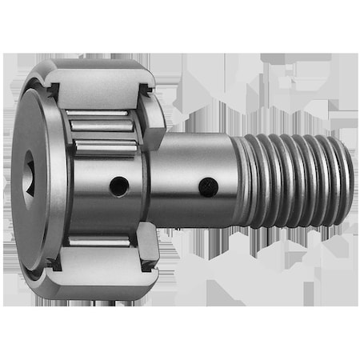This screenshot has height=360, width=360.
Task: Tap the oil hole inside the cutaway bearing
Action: [118, 186]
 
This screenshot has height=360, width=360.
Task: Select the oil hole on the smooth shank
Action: [208, 188]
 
